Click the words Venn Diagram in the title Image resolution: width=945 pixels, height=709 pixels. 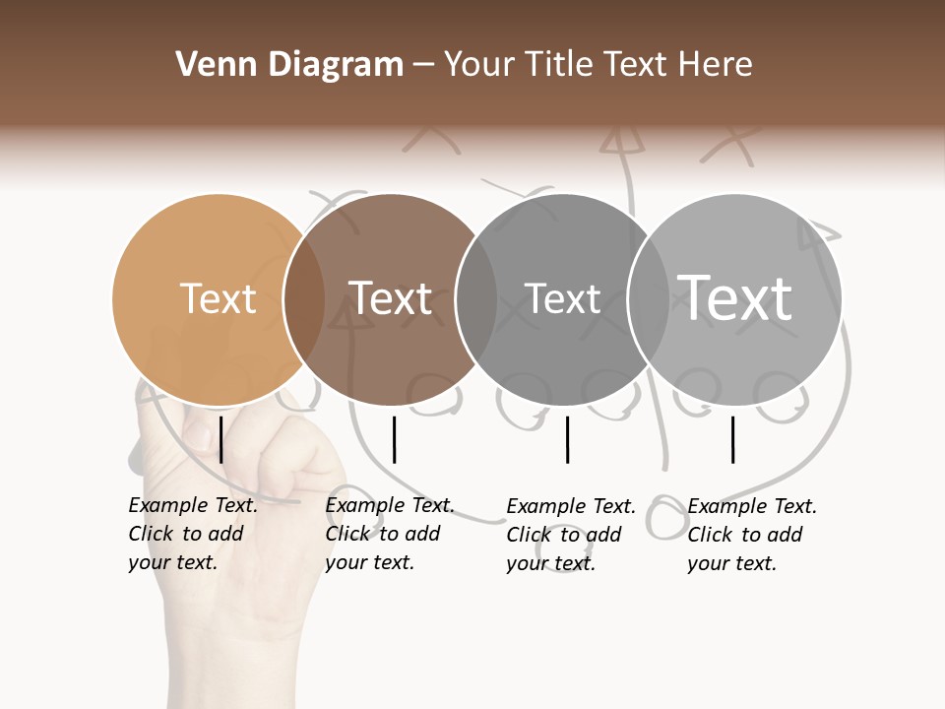[x=289, y=65]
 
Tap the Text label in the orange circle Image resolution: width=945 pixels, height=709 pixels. [x=219, y=298]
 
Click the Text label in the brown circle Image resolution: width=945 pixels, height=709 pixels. [x=391, y=298]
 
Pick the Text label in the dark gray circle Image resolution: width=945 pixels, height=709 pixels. [x=562, y=298]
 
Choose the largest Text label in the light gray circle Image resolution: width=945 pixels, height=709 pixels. [x=735, y=297]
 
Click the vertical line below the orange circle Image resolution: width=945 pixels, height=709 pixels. [x=221, y=439]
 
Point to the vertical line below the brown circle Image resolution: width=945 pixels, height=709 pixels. [x=394, y=439]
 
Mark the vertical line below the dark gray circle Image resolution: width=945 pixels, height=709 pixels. [x=568, y=439]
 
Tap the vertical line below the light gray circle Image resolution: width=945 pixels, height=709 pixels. [x=732, y=439]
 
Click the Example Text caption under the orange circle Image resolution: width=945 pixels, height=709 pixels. [x=193, y=534]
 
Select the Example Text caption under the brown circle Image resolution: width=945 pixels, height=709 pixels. [x=390, y=534]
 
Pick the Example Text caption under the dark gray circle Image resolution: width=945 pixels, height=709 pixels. [x=571, y=535]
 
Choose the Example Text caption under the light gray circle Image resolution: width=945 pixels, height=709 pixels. [x=752, y=535]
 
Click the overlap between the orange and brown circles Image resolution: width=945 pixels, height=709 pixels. [x=304, y=298]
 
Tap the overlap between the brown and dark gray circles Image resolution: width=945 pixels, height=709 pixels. [x=476, y=298]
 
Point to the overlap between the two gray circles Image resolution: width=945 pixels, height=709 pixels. [x=647, y=298]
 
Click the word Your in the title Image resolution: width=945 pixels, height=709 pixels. [x=478, y=65]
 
